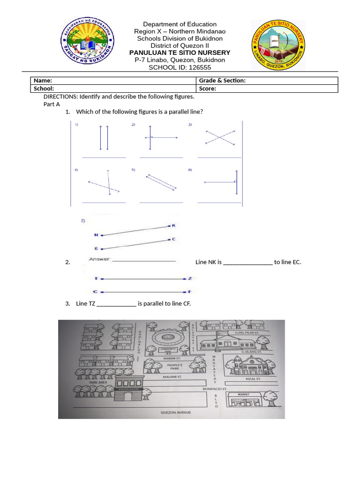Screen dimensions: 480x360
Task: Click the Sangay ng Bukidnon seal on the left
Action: tap(87, 45)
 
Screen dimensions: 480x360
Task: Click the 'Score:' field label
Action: tap(207, 88)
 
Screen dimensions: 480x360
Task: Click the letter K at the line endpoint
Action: tap(173, 225)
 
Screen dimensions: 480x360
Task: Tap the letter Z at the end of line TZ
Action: tap(190, 278)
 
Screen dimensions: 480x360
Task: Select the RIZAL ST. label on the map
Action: tap(253, 379)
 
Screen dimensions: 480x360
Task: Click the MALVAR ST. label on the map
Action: tap(170, 376)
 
